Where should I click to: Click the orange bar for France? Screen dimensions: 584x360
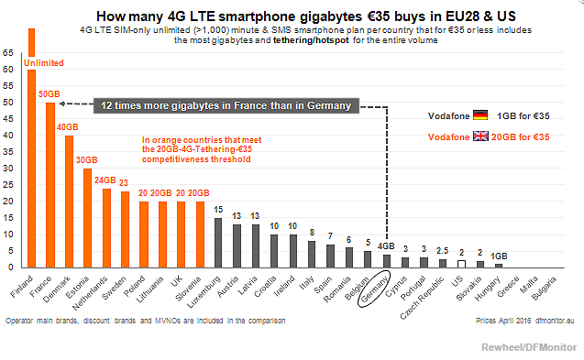pos(50,185)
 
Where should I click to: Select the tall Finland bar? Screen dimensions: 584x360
pos(32,148)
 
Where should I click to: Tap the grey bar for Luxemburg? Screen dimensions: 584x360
pos(218,243)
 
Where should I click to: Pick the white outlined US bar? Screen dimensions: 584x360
pos(461,264)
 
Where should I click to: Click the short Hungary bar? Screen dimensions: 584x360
pos(499,266)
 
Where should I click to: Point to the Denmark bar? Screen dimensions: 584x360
pos(69,202)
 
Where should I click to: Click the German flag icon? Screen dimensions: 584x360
pos(480,115)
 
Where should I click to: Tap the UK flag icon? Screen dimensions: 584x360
pos(480,136)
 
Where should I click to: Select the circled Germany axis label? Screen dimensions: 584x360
pos(374,289)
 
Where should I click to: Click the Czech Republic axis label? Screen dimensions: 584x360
pos(423,298)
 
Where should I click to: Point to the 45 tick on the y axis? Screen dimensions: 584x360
pos(8,119)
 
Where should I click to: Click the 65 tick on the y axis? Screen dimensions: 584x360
pos(8,53)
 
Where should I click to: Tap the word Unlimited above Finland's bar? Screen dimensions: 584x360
pos(44,63)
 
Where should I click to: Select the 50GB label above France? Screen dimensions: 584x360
pos(50,94)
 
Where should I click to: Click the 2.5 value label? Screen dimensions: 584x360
pos(443,251)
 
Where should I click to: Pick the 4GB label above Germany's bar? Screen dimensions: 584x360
pos(386,246)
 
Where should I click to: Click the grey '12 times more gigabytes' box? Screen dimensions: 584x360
pos(226,105)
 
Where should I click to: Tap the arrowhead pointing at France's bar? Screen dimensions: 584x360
pos(62,104)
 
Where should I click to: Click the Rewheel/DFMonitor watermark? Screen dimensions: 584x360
pos(529,347)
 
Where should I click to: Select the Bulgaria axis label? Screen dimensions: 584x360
pos(544,289)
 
